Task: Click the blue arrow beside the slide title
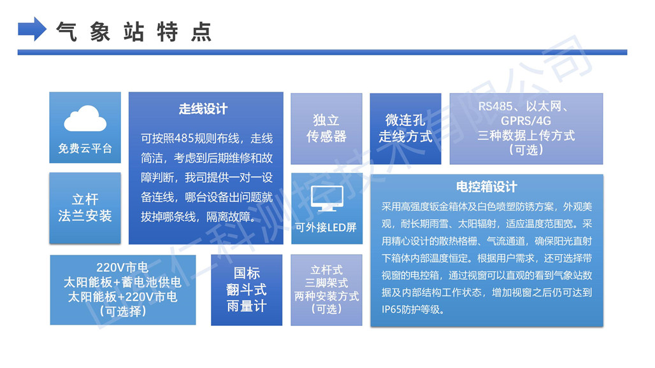[32, 29]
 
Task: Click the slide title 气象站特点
[134, 32]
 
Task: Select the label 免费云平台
[85, 148]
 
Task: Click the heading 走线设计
[203, 109]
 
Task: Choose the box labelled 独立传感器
[326, 129]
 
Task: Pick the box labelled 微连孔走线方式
[406, 129]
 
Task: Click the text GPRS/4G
[526, 121]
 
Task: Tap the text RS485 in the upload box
[496, 106]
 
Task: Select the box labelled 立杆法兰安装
[85, 208]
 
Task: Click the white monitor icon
[327, 199]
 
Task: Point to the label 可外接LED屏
[326, 227]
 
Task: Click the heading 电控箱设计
[487, 187]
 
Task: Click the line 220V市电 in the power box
[122, 267]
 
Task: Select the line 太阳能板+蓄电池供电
[122, 283]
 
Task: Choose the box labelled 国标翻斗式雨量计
[247, 290]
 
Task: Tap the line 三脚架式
[326, 283]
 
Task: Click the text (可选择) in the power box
[123, 311]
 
